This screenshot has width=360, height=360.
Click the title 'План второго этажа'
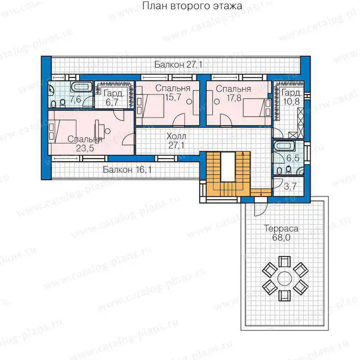pyautogui.click(x=192, y=6)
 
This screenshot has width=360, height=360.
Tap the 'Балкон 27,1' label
pyautogui.click(x=178, y=64)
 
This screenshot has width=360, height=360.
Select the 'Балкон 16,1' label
pyautogui.click(x=127, y=170)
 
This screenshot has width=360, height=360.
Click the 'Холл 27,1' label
pyautogui.click(x=176, y=141)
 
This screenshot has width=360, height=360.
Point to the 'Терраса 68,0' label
pyautogui.click(x=281, y=233)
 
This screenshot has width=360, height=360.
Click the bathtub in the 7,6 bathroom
pyautogui.click(x=81, y=87)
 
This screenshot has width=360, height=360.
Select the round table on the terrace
pyautogui.click(x=285, y=278)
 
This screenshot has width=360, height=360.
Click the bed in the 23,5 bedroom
pyautogui.click(x=63, y=131)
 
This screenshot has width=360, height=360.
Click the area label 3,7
pyautogui.click(x=290, y=186)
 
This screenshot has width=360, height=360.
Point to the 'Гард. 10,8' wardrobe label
pyautogui.click(x=291, y=97)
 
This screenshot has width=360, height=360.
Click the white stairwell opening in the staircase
pyautogui.click(x=228, y=166)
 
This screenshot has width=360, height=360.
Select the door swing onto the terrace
pyautogui.click(x=261, y=209)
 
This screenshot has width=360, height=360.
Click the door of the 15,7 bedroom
pyautogui.click(x=179, y=120)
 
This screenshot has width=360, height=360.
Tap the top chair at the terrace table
pyautogui.click(x=284, y=261)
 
